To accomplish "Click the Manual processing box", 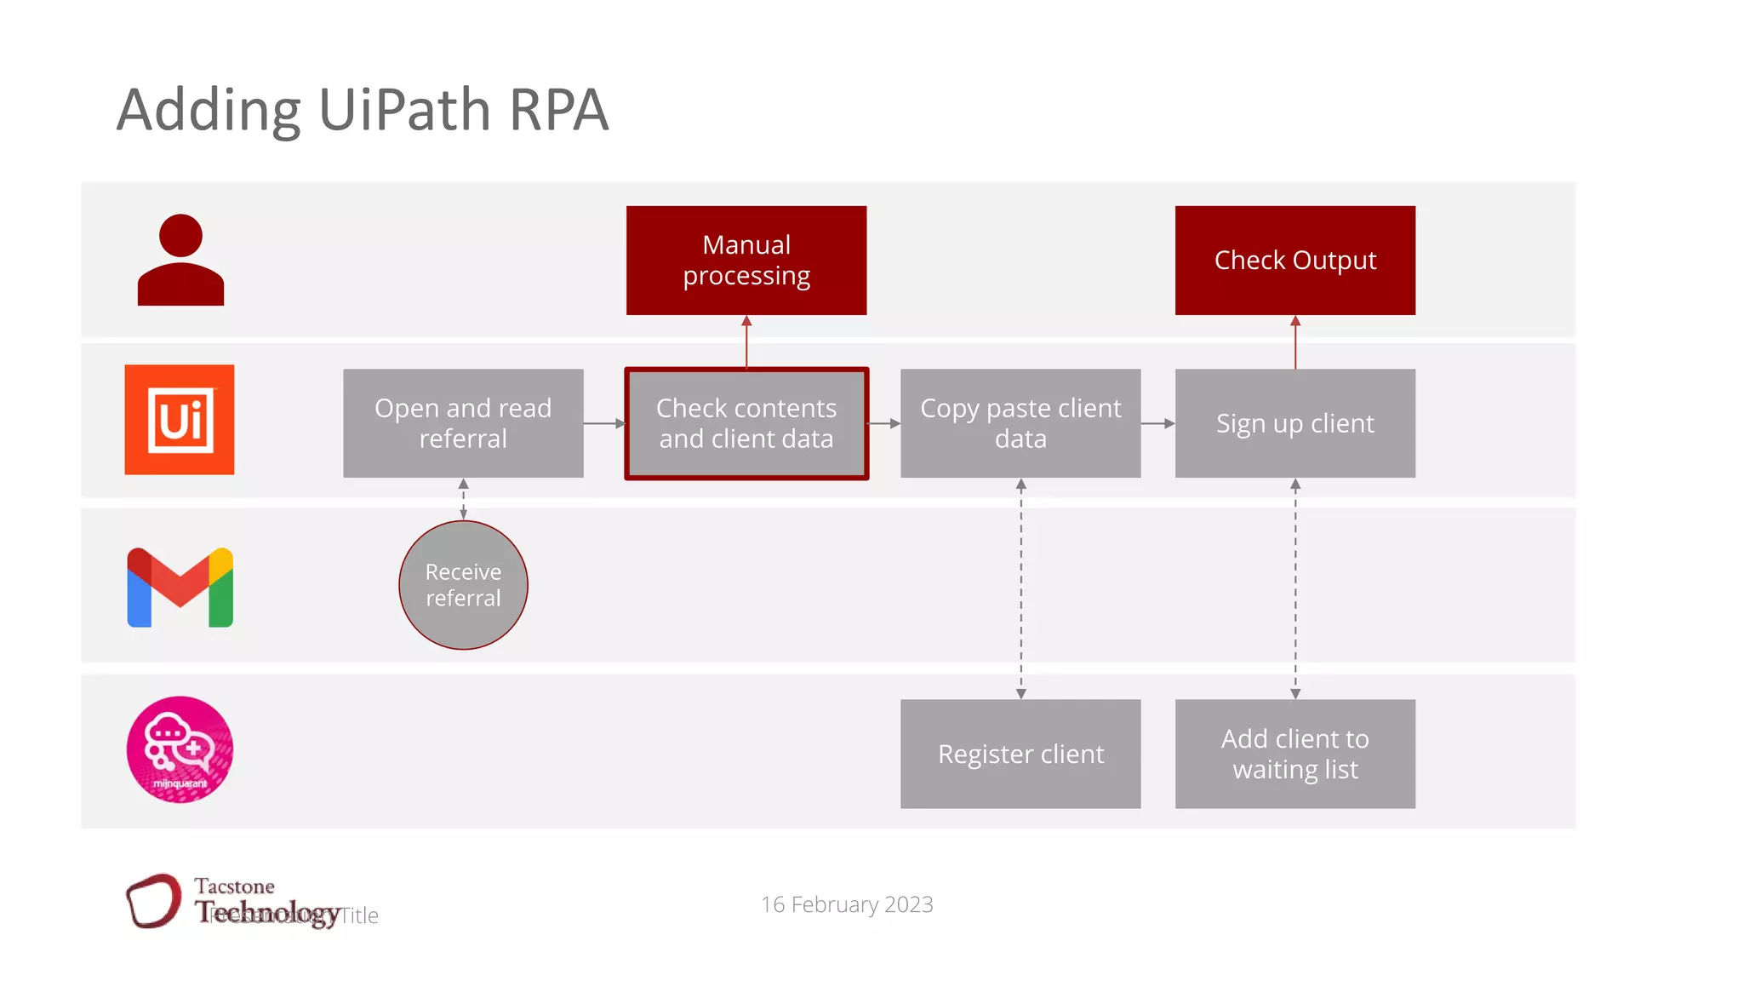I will coord(746,260).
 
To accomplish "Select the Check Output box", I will coord(1294,260).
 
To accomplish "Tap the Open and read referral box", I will coord(463,423).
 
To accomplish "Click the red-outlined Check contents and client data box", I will coord(746,423).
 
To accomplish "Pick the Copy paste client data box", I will coord(1020,423).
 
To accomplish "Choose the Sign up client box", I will coord(1294,423).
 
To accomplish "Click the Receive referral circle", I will coord(463,585).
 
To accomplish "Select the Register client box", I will coord(1020,754).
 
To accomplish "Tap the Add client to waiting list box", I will coord(1294,754).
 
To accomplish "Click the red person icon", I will coord(180,260).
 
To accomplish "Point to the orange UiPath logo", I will coord(180,420).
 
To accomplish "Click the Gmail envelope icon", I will coord(180,588).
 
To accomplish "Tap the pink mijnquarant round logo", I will coord(180,749).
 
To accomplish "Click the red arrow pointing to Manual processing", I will coord(746,341).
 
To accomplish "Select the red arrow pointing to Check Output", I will coord(1295,341).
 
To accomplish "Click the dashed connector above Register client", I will coord(1020,588).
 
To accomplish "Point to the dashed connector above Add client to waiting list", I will coord(1295,588).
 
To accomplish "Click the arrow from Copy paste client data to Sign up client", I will coord(1157,423).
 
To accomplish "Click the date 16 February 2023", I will coord(847,904).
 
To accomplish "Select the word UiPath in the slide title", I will coord(404,111).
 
